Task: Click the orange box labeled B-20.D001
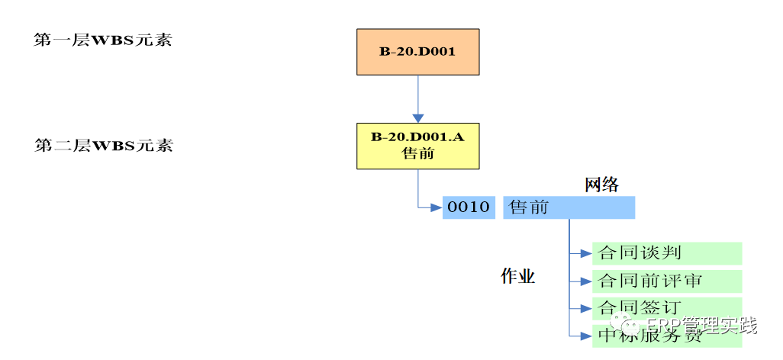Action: click(x=417, y=52)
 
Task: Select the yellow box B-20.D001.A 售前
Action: click(x=417, y=146)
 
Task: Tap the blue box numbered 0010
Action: click(x=469, y=207)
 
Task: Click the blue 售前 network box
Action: click(x=569, y=207)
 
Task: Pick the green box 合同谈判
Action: click(x=667, y=253)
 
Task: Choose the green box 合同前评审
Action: click(x=667, y=281)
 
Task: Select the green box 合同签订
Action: click(x=667, y=308)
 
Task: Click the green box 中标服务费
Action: click(x=667, y=336)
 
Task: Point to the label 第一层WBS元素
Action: click(x=103, y=40)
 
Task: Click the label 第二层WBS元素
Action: click(x=104, y=145)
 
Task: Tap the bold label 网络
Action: click(x=601, y=185)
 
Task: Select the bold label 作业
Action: click(x=517, y=276)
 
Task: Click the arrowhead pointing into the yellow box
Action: click(x=417, y=118)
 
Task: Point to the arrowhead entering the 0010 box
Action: click(x=437, y=207)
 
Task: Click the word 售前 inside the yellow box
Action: click(x=417, y=153)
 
